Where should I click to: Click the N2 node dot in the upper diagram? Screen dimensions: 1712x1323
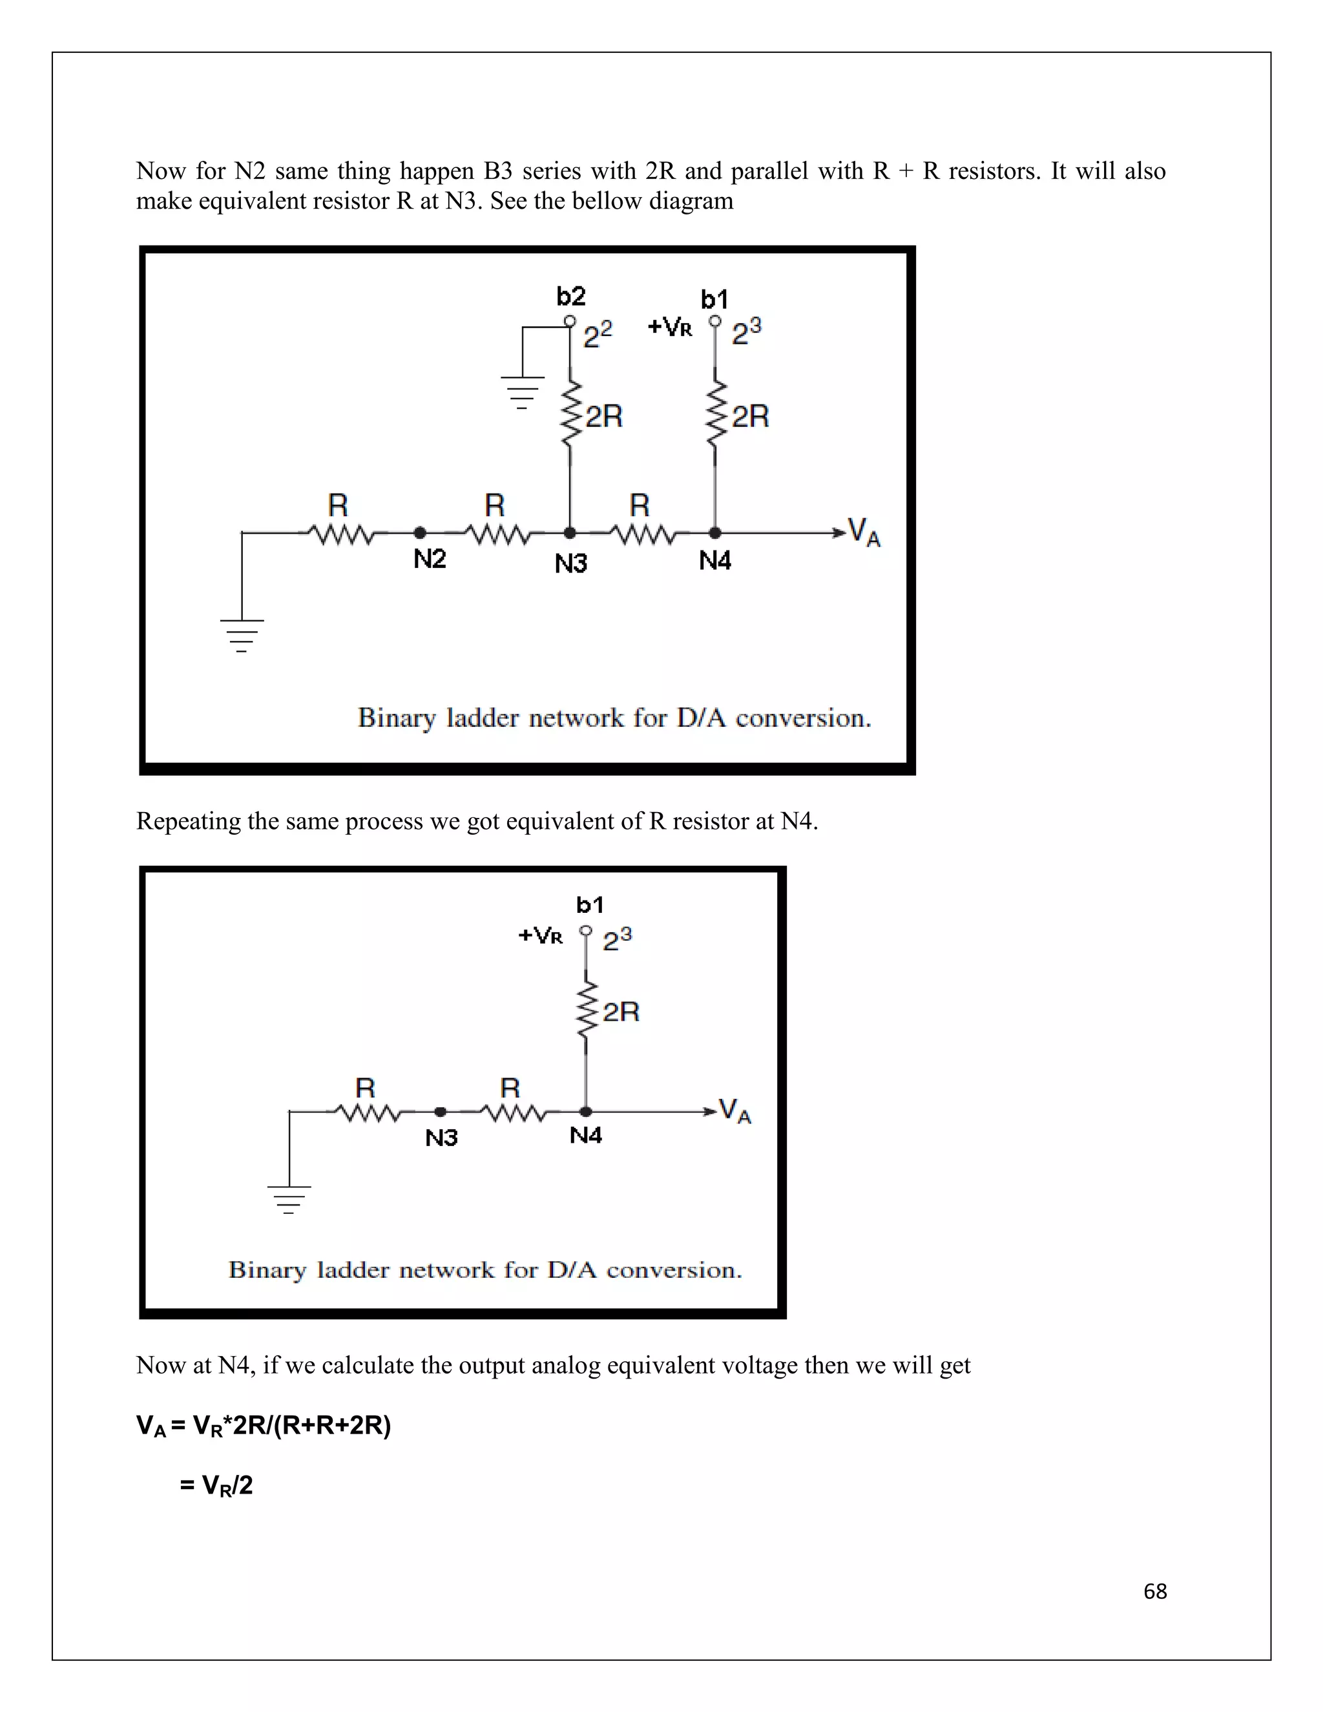tap(420, 533)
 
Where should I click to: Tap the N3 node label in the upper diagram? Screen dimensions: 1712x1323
tap(570, 563)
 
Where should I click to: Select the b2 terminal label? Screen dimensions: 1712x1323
tap(570, 297)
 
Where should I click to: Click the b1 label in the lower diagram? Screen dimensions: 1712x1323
tap(589, 905)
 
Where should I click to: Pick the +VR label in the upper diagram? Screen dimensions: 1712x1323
tap(670, 327)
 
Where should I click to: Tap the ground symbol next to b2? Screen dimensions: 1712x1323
tap(522, 392)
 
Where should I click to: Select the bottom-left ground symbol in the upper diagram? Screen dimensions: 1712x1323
tap(242, 635)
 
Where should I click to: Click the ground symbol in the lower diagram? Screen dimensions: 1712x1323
tap(289, 1199)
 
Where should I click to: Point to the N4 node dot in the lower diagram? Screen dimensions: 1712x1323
tap(585, 1112)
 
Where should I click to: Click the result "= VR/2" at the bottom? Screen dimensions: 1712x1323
tap(216, 1485)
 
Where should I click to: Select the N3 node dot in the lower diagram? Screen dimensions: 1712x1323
tap(441, 1112)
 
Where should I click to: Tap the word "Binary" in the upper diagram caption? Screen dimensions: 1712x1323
tap(396, 718)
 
